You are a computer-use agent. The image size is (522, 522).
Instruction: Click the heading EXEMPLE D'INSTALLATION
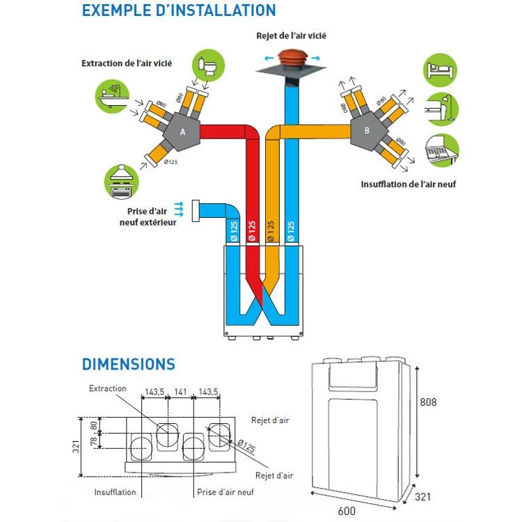[178, 11]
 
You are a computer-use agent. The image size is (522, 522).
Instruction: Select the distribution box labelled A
[182, 132]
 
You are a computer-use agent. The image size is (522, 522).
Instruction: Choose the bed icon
[441, 70]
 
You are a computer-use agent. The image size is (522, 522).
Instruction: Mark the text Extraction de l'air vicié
[127, 63]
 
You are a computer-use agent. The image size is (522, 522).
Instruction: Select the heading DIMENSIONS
[129, 364]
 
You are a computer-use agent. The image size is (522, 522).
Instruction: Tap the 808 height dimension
[429, 403]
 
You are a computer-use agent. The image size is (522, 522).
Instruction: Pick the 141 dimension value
[181, 393]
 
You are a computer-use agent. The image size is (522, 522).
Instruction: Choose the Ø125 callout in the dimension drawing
[245, 444]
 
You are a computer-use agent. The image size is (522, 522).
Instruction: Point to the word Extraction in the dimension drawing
[108, 388]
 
